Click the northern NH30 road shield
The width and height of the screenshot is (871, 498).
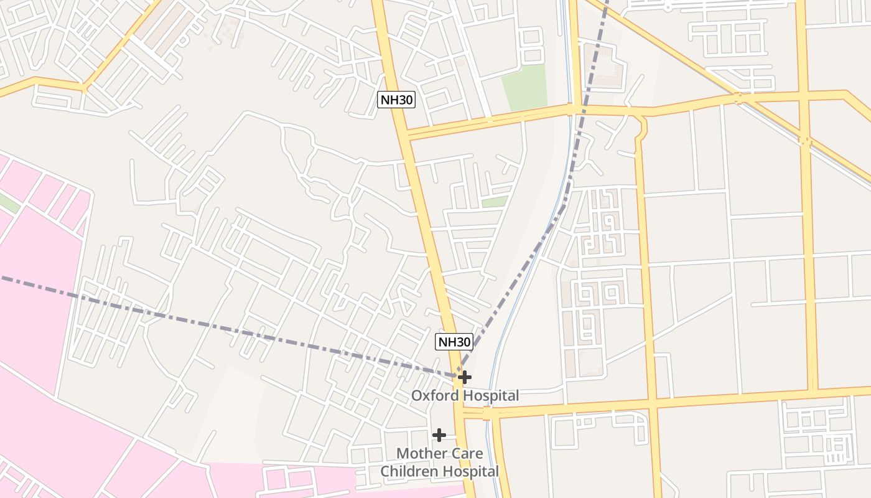click(x=396, y=100)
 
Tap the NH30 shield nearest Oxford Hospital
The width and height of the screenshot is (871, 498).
click(x=454, y=341)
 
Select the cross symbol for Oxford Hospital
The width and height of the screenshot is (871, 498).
click(x=464, y=377)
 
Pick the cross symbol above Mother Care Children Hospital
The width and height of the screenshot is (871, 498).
click(x=439, y=435)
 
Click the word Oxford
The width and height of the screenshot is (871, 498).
click(x=435, y=395)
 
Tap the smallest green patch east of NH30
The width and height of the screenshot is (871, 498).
click(x=495, y=202)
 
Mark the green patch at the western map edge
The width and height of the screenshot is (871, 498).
click(x=7, y=202)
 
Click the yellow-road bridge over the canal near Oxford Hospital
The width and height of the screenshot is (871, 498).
click(x=487, y=413)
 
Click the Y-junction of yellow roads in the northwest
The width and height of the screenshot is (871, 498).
click(x=84, y=85)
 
